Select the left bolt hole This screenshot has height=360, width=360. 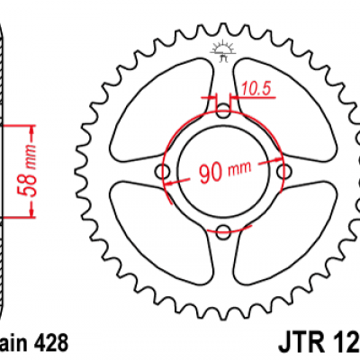tap(164, 172)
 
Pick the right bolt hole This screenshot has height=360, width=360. tap(284, 172)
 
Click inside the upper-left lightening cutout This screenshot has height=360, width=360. tap(162, 103)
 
